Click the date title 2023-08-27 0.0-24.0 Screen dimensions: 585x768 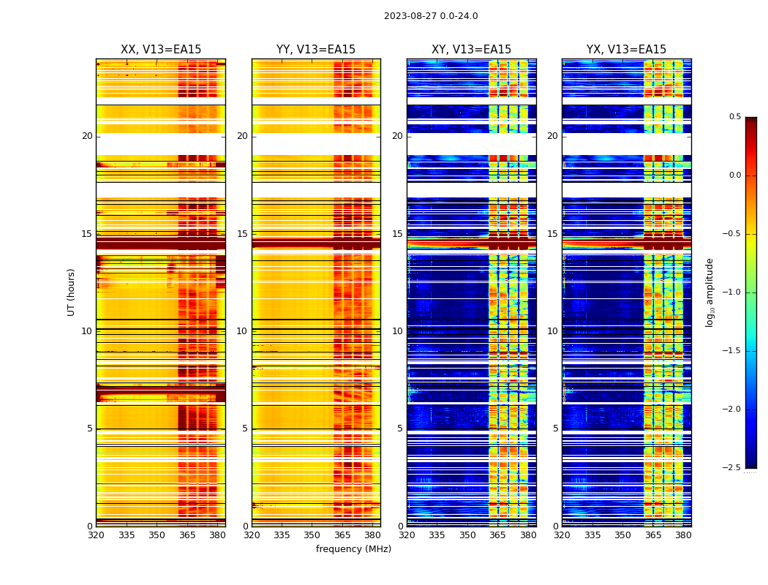431,16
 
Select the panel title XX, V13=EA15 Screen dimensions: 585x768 161,50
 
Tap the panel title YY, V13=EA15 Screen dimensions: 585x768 316,50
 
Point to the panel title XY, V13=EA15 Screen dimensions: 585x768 471,50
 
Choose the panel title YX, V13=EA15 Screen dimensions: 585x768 626,50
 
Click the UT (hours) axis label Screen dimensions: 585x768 71,292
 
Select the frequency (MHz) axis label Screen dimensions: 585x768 353,549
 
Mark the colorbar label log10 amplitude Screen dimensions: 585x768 709,292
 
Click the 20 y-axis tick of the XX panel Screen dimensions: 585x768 87,136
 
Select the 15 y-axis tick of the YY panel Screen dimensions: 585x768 243,234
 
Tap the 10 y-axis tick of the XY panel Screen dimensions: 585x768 398,331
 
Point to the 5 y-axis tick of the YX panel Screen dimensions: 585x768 556,429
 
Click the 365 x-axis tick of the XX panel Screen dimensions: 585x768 187,535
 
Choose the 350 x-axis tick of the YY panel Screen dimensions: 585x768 312,535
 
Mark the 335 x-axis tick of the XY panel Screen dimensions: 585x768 437,535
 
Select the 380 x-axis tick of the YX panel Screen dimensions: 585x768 683,535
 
